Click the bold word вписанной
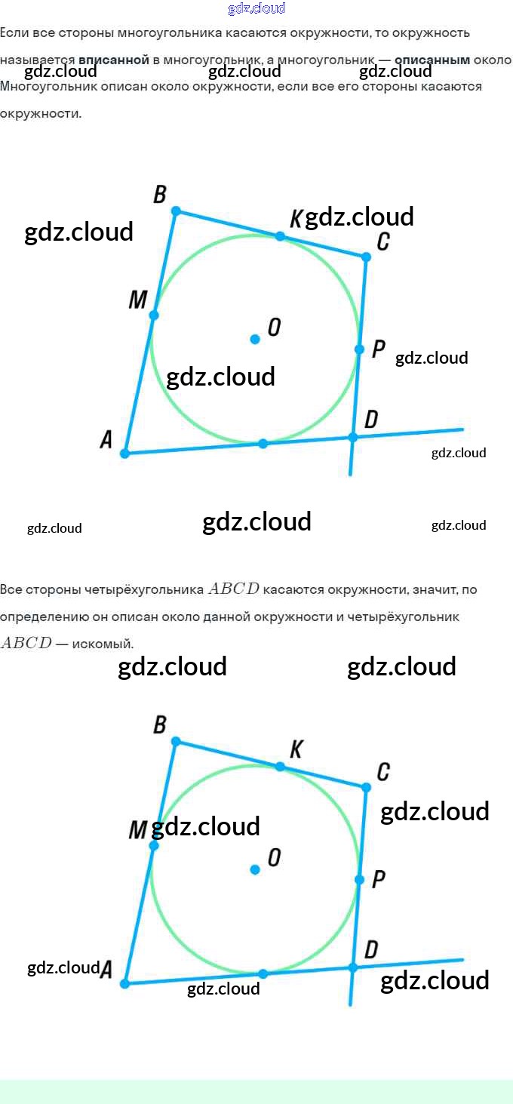tap(114, 60)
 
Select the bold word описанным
tap(432, 60)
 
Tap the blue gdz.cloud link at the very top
tap(256, 8)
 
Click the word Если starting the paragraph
tap(12, 33)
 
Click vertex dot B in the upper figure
tap(176, 211)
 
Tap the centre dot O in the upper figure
tap(255, 340)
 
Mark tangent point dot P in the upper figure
tap(359, 349)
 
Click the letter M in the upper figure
tap(137, 300)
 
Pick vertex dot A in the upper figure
tap(125, 454)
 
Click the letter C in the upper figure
tap(383, 241)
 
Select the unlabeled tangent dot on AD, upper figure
tap(263, 444)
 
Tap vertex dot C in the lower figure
tap(366, 787)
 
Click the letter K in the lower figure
tap(296, 749)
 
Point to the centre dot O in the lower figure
tap(255, 869)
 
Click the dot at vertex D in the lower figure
tap(352, 967)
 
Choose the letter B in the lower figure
tap(160, 725)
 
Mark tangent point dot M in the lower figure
tap(153, 846)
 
